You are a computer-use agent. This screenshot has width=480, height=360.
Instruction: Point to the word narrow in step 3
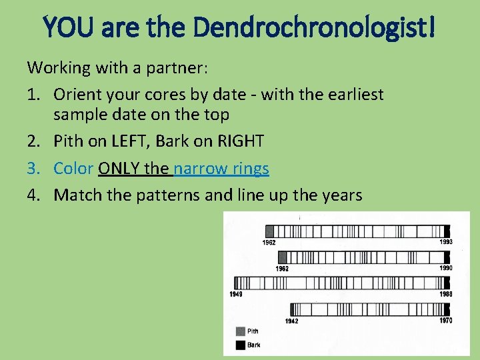coord(199,168)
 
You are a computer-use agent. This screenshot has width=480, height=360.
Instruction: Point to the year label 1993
coord(445,242)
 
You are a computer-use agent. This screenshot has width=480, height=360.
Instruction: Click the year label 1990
coord(445,268)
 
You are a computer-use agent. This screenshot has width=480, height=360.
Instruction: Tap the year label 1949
coord(235,294)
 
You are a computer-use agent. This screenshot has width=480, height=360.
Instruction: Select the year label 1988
coord(445,294)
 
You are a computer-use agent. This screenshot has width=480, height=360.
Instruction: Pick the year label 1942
coord(291,321)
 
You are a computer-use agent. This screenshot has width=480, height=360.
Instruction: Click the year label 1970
coord(445,321)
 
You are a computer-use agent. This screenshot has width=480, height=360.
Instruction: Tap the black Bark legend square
coord(241,345)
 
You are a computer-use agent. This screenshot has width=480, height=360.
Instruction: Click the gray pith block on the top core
coord(270,231)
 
